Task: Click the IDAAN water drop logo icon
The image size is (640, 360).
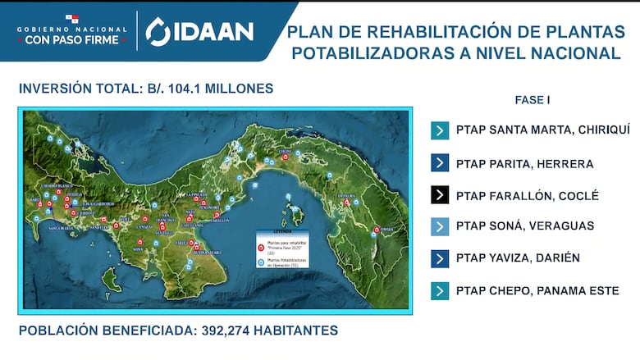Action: [x=158, y=31]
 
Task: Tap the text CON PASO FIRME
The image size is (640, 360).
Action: [x=72, y=39]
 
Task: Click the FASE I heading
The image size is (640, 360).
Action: [x=532, y=100]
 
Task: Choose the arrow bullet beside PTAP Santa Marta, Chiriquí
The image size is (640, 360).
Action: [x=440, y=130]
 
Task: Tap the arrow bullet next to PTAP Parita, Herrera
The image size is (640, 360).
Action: [x=440, y=163]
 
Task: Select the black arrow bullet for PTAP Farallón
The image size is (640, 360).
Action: [x=440, y=195]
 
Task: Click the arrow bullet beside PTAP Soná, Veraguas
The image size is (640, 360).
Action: [x=440, y=226]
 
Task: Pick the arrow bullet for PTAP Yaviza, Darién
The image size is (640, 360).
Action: [x=440, y=258]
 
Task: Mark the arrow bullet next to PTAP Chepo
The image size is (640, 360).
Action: [x=440, y=290]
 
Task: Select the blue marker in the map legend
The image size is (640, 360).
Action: [x=261, y=263]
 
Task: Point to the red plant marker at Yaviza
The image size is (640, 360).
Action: [x=377, y=230]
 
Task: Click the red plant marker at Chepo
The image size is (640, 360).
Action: [x=285, y=157]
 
